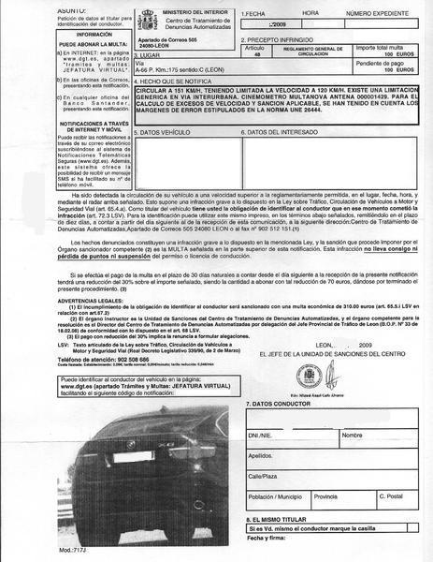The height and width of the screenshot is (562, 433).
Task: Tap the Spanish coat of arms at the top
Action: pyautogui.click(x=123, y=21)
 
